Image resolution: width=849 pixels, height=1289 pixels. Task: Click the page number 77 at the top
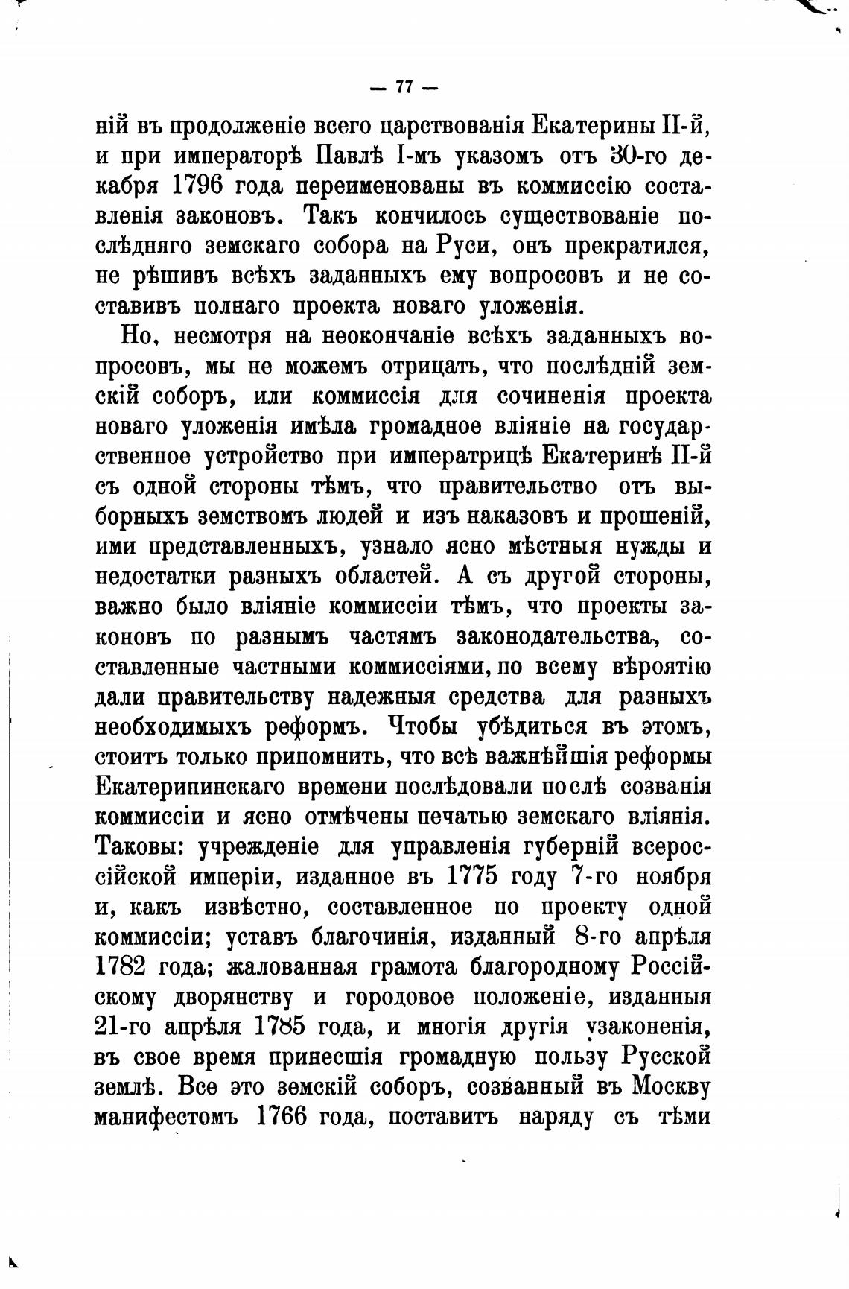click(404, 87)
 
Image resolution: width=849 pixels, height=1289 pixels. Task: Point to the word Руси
click(463, 245)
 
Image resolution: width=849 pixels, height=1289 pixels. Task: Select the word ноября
click(674, 876)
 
